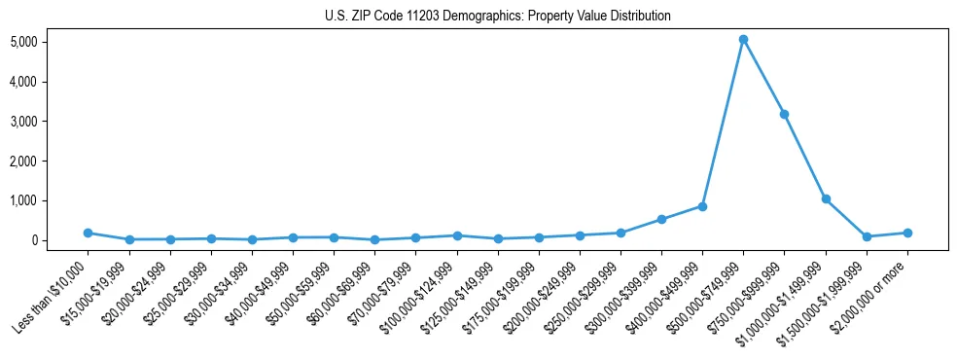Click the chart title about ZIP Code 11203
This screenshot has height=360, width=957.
click(x=497, y=16)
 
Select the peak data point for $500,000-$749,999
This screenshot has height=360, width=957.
click(x=743, y=40)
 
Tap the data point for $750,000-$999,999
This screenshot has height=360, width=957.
click(x=784, y=114)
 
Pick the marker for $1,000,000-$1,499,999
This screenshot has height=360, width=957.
click(x=826, y=198)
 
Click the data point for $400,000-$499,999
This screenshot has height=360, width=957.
click(x=702, y=206)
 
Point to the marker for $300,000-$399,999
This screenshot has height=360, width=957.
click(x=661, y=219)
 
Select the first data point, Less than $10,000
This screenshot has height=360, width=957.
click(x=89, y=233)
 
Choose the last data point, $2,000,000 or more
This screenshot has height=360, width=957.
click(x=907, y=233)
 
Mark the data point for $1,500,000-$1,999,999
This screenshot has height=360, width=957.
click(x=867, y=236)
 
